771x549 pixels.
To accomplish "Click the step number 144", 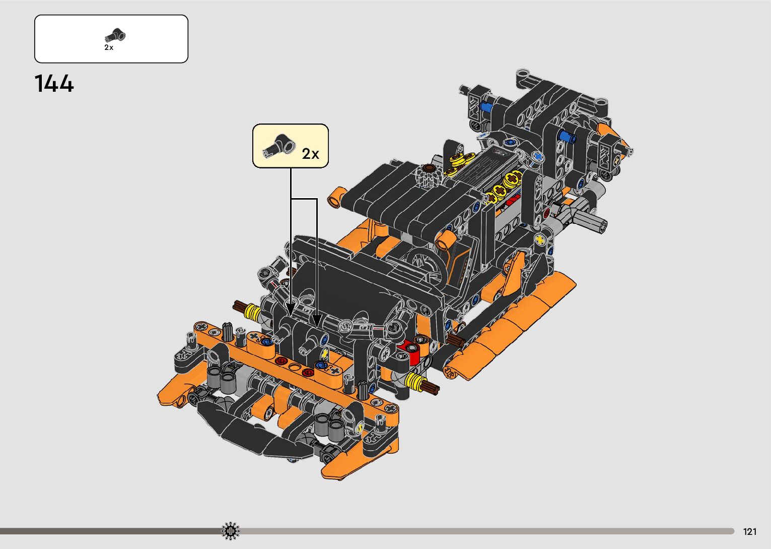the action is (54, 83).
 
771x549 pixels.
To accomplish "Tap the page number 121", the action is (750, 532).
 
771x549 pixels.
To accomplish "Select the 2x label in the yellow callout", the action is (311, 154).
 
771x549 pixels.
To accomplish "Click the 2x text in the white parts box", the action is (109, 47).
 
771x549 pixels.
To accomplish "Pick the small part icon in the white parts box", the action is (115, 35).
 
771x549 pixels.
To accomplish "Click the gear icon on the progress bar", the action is (230, 531).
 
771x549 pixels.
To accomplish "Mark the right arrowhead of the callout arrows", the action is (317, 320).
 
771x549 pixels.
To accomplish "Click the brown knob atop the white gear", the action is (429, 168).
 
